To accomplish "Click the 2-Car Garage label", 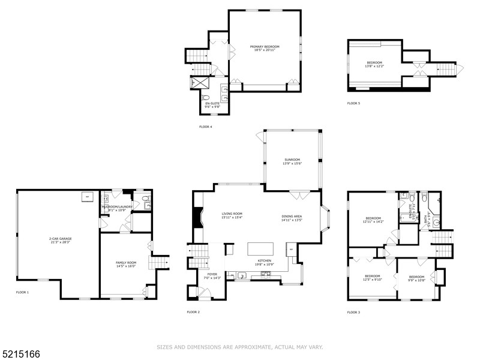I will pos(60,241).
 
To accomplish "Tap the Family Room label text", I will pos(126,264).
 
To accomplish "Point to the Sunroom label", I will pos(292,161).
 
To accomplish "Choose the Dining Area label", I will pos(292,218).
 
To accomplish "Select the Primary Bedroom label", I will pos(265,49).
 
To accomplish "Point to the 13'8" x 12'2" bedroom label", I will pos(374,65).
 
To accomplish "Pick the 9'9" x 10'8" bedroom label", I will pos(416,278).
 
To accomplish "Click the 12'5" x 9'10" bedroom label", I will pos(373,277).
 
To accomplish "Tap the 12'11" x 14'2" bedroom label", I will pos(373,220).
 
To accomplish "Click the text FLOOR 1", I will pos(22,292).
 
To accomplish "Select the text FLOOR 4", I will pos(205,127).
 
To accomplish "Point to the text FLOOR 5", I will pos(353,103).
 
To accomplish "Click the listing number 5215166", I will pos(21,355).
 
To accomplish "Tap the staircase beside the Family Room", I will pos(161,262).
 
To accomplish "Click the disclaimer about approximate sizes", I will pos(240,346).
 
